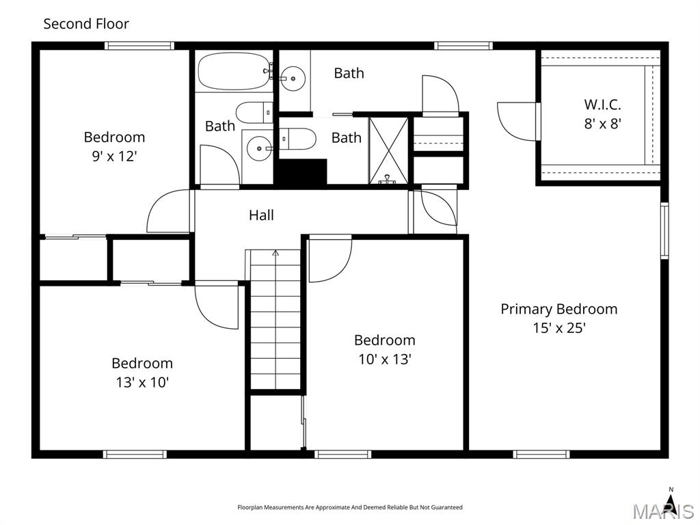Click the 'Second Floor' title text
click(x=86, y=24)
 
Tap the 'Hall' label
click(x=261, y=215)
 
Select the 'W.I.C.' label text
click(x=602, y=105)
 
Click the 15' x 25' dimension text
click(x=558, y=328)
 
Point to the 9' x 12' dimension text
click(x=114, y=156)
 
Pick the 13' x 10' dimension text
click(x=142, y=382)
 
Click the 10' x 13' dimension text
click(x=384, y=359)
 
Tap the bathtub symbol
click(x=232, y=71)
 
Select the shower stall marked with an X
click(x=388, y=150)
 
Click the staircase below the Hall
click(x=275, y=321)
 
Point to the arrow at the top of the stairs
click(x=275, y=254)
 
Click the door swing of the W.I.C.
click(x=518, y=121)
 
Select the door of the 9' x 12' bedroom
click(x=167, y=211)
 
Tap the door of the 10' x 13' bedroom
click(x=329, y=260)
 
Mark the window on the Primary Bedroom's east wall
click(x=664, y=230)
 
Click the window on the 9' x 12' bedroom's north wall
click(x=139, y=46)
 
